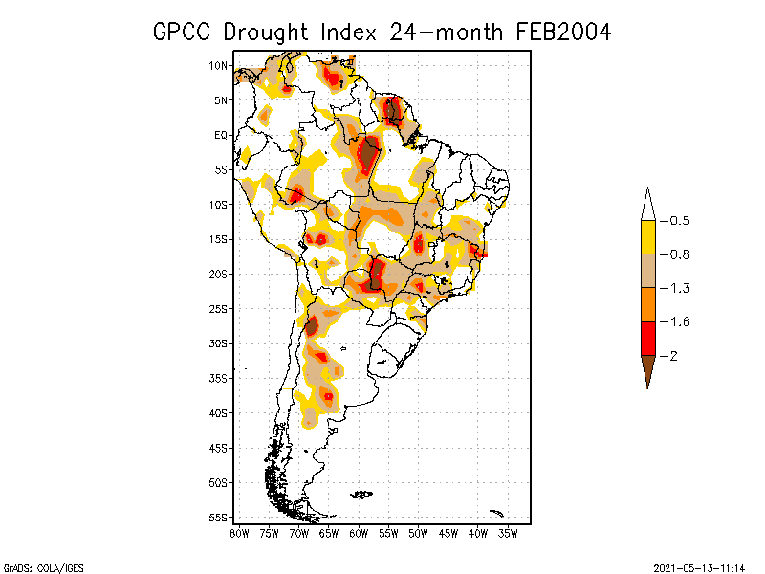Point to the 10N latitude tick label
click(x=219, y=65)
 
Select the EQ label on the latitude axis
click(x=221, y=135)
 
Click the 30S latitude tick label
click(x=219, y=343)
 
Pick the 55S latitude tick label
click(x=219, y=518)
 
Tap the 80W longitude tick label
click(x=239, y=533)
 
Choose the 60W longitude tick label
click(x=359, y=533)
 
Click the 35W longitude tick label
click(x=508, y=533)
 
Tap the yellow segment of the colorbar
click(x=648, y=237)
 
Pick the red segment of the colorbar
click(x=648, y=339)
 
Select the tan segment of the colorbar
click(x=648, y=271)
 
